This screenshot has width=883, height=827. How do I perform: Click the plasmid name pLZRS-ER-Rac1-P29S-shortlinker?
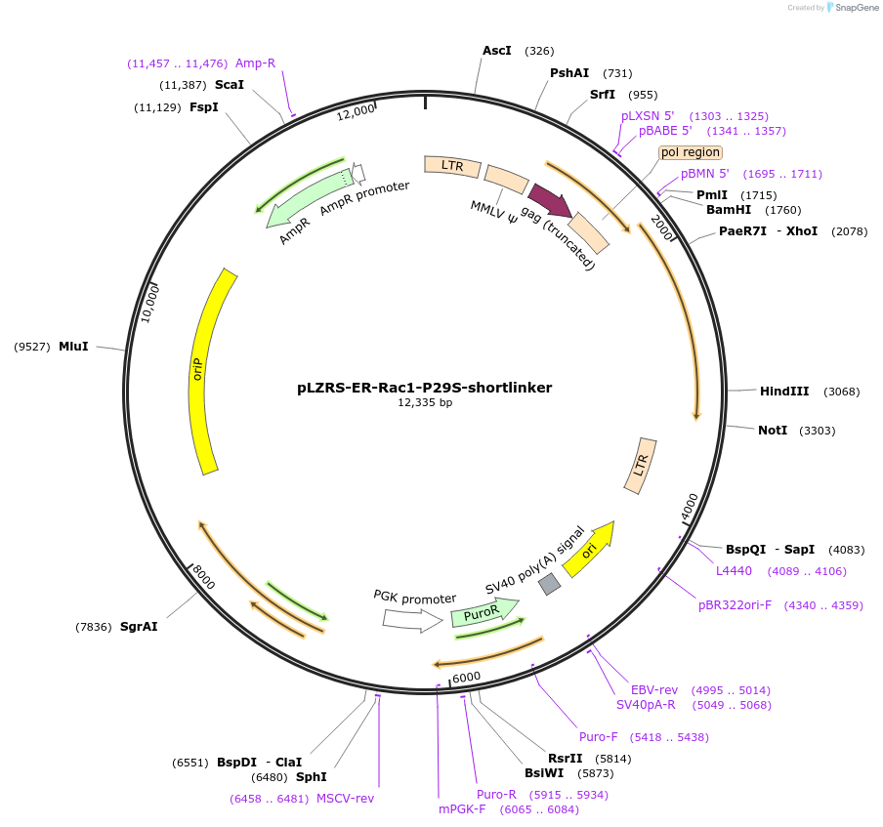pyautogui.click(x=424, y=388)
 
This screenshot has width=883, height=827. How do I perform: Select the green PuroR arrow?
pyautogui.click(x=482, y=612)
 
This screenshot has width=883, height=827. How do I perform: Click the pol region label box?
pyautogui.click(x=691, y=152)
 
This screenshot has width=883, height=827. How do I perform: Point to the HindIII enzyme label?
pyautogui.click(x=784, y=392)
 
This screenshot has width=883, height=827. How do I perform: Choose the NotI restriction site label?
pyautogui.click(x=772, y=431)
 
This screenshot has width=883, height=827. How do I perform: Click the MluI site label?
pyautogui.click(x=73, y=347)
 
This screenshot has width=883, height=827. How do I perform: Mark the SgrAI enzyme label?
pyautogui.click(x=139, y=627)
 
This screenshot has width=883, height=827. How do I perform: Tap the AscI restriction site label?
pyautogui.click(x=497, y=50)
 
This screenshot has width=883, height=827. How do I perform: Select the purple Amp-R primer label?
pyautogui.click(x=255, y=63)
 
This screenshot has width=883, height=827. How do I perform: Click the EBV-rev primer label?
pyautogui.click(x=654, y=689)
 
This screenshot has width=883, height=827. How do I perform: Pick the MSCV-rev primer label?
pyautogui.click(x=345, y=798)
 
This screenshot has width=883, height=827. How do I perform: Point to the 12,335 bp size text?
pyautogui.click(x=425, y=403)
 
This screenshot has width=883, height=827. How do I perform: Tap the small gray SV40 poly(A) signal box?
pyautogui.click(x=550, y=584)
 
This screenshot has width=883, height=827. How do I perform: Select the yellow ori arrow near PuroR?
pyautogui.click(x=588, y=549)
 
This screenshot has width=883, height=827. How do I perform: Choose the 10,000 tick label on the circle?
pyautogui.click(x=149, y=304)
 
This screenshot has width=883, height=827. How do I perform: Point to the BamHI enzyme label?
pyautogui.click(x=730, y=209)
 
